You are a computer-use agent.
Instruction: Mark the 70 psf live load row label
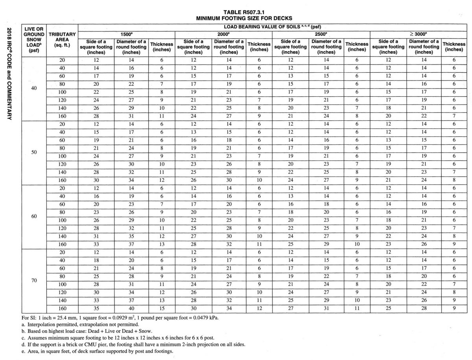(34, 281)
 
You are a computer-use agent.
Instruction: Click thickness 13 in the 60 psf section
(161, 245)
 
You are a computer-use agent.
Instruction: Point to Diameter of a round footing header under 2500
(326, 46)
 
